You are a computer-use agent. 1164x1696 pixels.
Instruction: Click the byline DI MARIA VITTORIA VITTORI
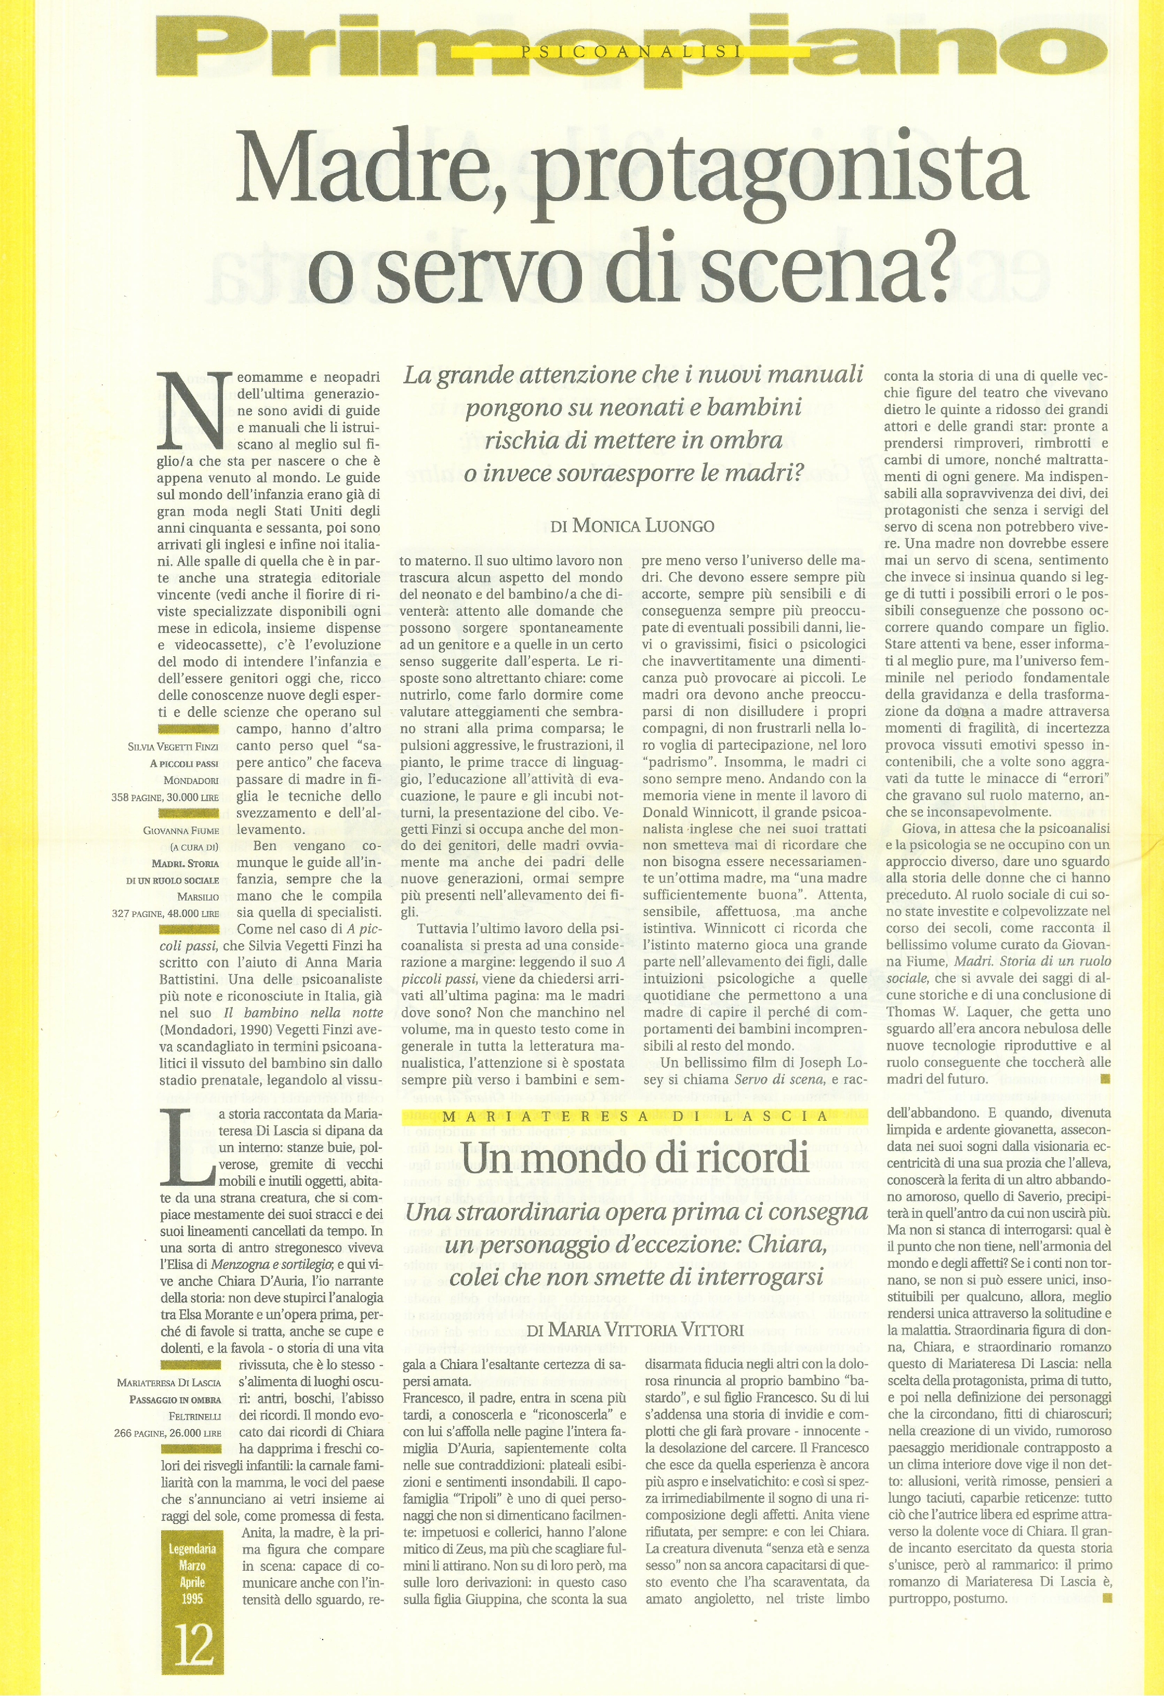pos(635,1329)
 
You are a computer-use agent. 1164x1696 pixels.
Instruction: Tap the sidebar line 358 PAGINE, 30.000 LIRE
pos(165,798)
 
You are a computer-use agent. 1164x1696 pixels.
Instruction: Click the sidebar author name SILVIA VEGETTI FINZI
pos(173,747)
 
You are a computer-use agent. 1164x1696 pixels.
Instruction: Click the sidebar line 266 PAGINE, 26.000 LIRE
pos(167,1433)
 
